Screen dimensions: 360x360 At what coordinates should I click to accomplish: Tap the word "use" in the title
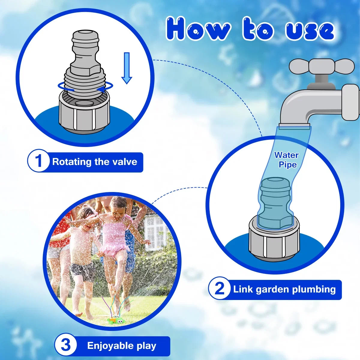310,31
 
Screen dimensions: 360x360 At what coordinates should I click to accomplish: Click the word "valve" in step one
125,161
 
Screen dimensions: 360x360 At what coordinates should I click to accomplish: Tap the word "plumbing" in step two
314,290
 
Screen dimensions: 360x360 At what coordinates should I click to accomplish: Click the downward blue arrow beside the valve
127,68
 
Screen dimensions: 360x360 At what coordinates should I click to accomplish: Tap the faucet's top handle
322,66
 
